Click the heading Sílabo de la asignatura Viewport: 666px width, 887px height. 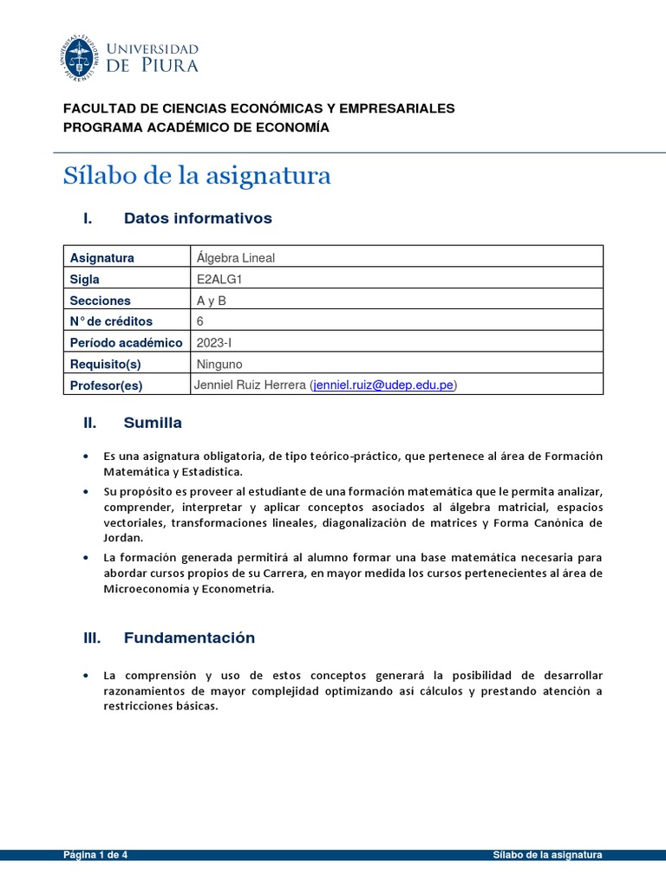(x=197, y=176)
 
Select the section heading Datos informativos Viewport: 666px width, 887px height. (x=198, y=218)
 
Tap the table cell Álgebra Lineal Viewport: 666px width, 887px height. (x=235, y=257)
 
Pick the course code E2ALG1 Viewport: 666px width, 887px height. (x=219, y=279)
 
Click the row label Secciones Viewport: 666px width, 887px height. (x=100, y=301)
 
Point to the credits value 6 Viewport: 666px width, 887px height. (x=200, y=321)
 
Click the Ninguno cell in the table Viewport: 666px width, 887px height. (x=219, y=364)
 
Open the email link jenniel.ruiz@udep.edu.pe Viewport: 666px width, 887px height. (x=383, y=385)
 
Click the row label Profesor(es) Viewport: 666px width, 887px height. (x=106, y=385)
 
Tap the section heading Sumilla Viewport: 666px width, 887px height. (x=153, y=423)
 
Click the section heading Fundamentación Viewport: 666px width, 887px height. (x=189, y=638)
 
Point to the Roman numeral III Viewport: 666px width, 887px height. (x=92, y=638)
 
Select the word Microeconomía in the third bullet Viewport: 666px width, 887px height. (x=145, y=589)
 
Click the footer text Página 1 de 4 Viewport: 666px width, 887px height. (x=96, y=854)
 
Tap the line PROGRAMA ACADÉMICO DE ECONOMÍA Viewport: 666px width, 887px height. (x=197, y=127)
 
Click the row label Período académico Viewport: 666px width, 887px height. (x=126, y=343)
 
